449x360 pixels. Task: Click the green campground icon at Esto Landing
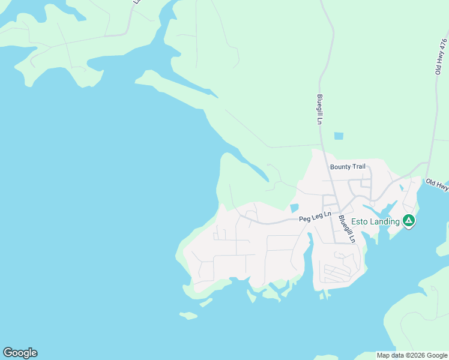tap(408, 221)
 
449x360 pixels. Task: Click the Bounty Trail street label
tap(348, 166)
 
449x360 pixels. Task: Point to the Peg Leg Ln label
tap(315, 218)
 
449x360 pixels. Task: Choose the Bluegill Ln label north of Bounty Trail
tap(320, 110)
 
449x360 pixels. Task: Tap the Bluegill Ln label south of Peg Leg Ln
tap(347, 229)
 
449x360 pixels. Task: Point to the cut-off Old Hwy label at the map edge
tap(437, 184)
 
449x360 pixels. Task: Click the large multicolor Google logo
tap(20, 353)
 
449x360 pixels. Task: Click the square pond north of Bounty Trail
tap(339, 136)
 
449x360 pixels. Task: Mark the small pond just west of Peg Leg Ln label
tap(294, 208)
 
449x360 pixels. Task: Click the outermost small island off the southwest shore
tap(188, 315)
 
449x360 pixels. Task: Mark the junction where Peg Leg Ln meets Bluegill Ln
tap(334, 219)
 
